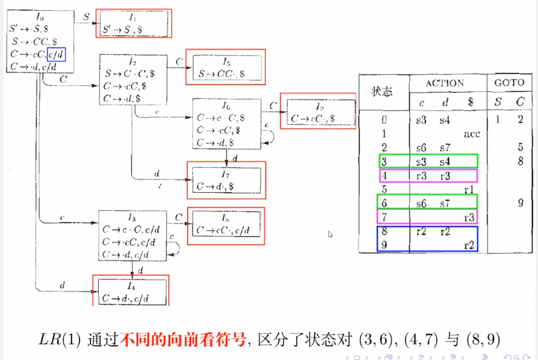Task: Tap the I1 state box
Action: [x=133, y=23]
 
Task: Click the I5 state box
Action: [x=228, y=67]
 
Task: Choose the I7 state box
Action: [x=226, y=178]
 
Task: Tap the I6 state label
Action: [x=227, y=106]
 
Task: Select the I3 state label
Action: [x=131, y=218]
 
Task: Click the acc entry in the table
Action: [x=472, y=134]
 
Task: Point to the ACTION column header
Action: [x=444, y=83]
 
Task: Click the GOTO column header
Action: [x=509, y=83]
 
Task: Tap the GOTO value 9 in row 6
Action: [x=519, y=202]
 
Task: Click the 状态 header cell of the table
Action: [x=383, y=91]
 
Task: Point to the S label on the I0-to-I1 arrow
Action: [x=85, y=17]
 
